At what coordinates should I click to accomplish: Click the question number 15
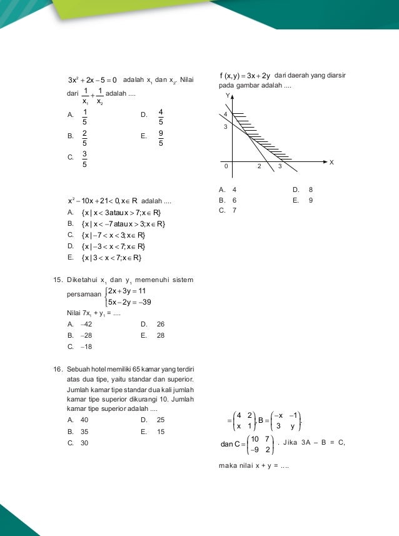click(56, 279)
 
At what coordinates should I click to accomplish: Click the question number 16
click(56, 369)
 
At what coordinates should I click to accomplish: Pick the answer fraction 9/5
click(161, 138)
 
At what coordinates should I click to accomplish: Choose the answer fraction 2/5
click(84, 138)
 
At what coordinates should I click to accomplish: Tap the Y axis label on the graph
click(228, 96)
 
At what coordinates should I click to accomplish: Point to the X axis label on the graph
click(331, 162)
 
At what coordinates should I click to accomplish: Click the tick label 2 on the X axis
click(259, 166)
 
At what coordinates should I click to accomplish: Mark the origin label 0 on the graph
click(226, 166)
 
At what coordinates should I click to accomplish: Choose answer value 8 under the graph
click(311, 190)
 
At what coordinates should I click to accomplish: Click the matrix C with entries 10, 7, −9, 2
click(258, 444)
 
